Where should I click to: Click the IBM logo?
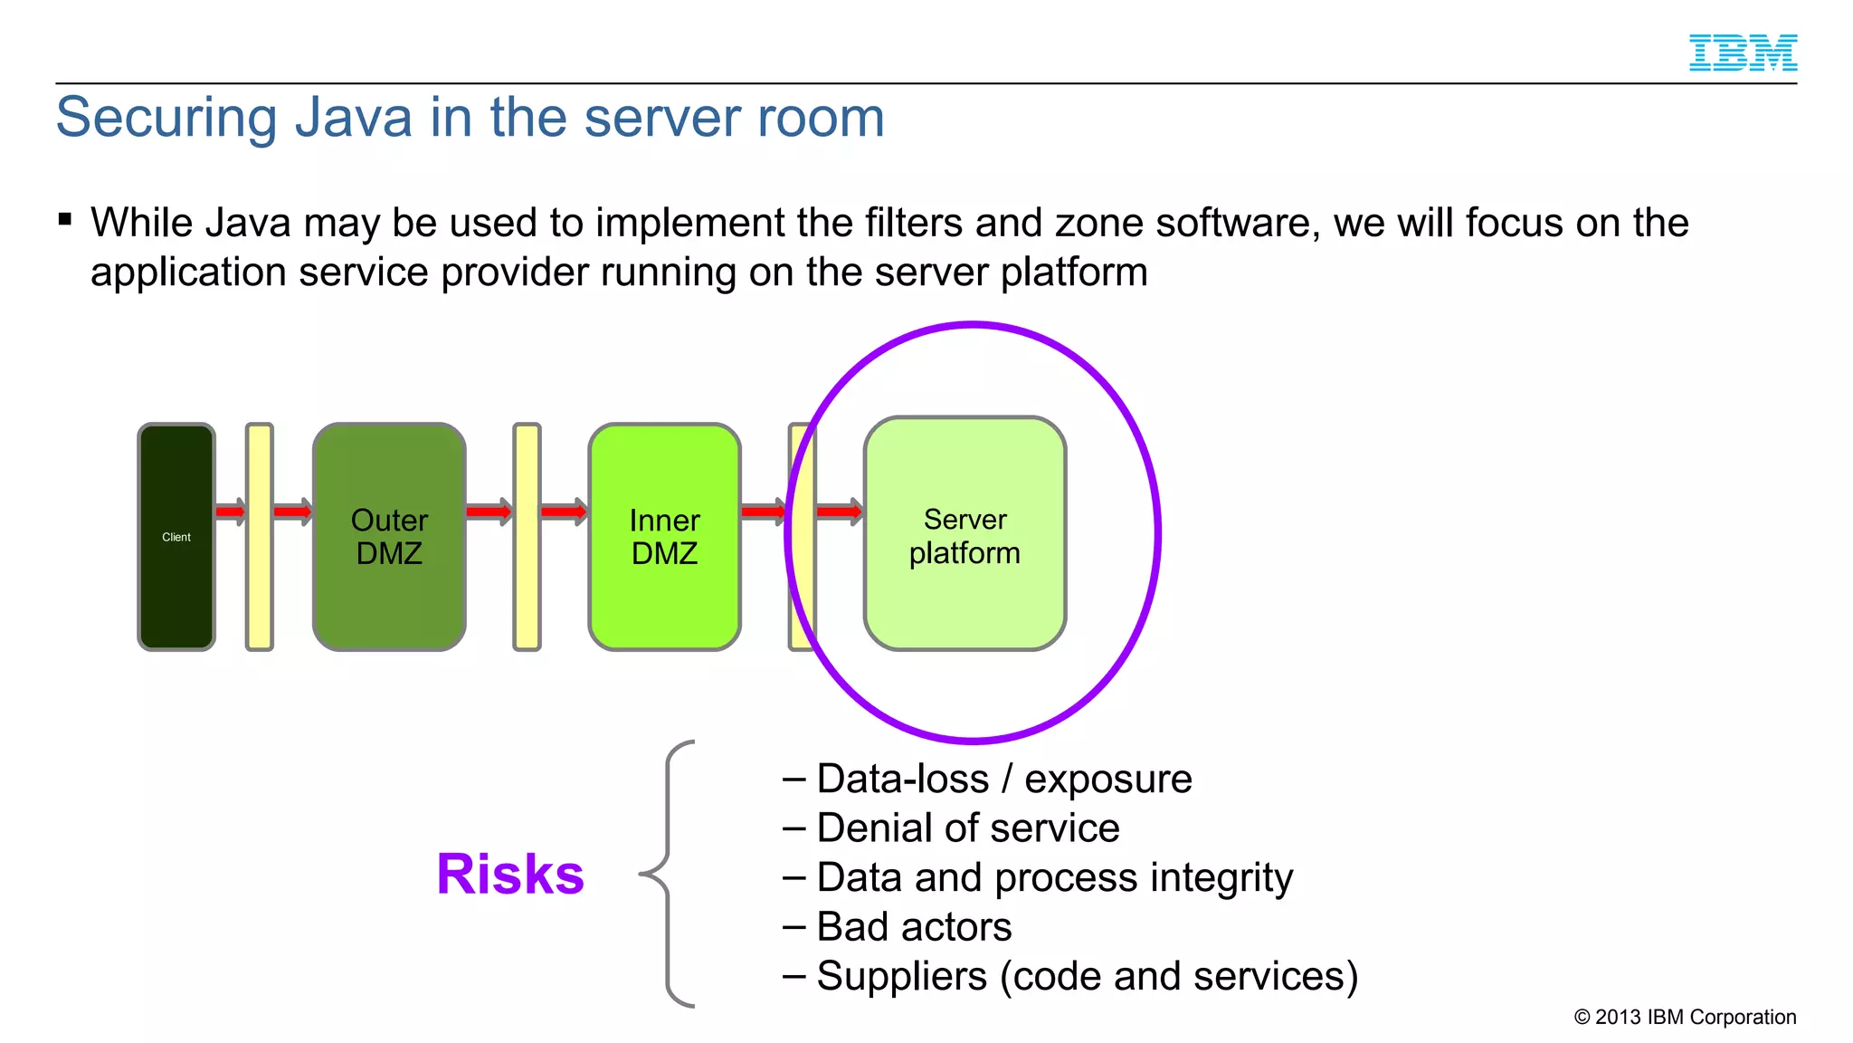pyautogui.click(x=1743, y=53)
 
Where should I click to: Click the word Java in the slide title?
pyautogui.click(x=354, y=118)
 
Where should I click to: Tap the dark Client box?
pyautogui.click(x=176, y=536)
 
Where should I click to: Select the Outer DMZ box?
pyautogui.click(x=389, y=536)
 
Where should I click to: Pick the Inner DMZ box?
pyautogui.click(x=664, y=536)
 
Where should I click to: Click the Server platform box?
pyautogui.click(x=965, y=534)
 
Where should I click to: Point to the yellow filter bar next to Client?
pyautogui.click(x=260, y=536)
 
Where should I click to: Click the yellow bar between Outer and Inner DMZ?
pyautogui.click(x=527, y=536)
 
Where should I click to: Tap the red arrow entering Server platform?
pyautogui.click(x=840, y=512)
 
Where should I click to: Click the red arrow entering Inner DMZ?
pyautogui.click(x=564, y=512)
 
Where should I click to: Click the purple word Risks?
pyautogui.click(x=510, y=875)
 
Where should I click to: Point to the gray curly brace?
pyautogui.click(x=668, y=874)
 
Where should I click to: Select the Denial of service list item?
pyautogui.click(x=966, y=828)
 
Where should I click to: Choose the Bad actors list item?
pyautogui.click(x=913, y=927)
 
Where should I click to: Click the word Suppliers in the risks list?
pyautogui.click(x=901, y=977)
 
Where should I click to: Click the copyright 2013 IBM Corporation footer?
pyautogui.click(x=1685, y=1017)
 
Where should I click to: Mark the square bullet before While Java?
pyautogui.click(x=65, y=219)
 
